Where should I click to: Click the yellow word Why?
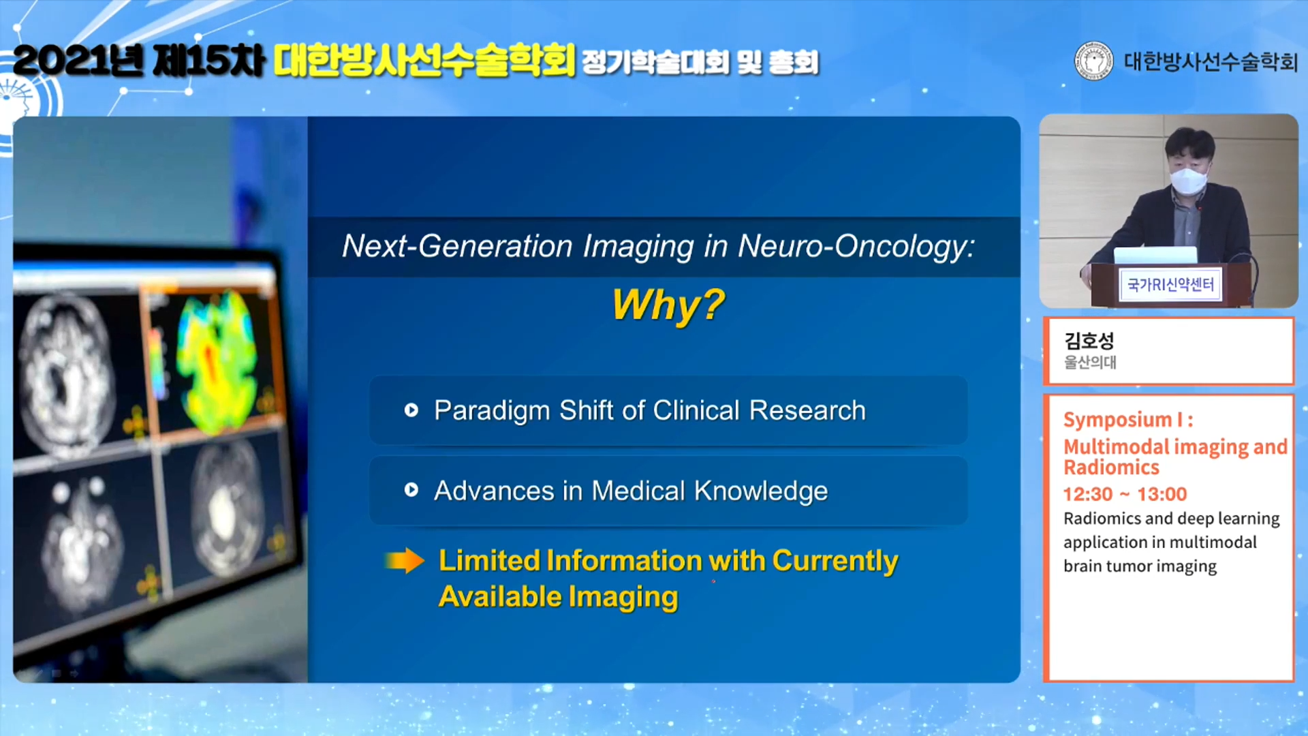pyautogui.click(x=668, y=305)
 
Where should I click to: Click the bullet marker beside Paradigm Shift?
pyautogui.click(x=411, y=410)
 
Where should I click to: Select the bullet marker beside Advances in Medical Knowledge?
pyautogui.click(x=411, y=490)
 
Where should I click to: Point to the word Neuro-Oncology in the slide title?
pyautogui.click(x=856, y=247)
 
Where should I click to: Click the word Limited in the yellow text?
pyautogui.click(x=488, y=560)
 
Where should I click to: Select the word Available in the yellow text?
pyautogui.click(x=499, y=596)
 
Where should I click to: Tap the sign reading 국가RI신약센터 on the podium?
pyautogui.click(x=1170, y=285)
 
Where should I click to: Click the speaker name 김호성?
pyautogui.click(x=1089, y=340)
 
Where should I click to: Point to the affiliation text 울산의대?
pyautogui.click(x=1090, y=363)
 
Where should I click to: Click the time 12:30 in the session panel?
pyautogui.click(x=1088, y=494)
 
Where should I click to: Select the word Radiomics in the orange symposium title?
pyautogui.click(x=1111, y=467)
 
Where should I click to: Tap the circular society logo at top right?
pyautogui.click(x=1093, y=61)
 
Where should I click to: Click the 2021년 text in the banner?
pyautogui.click(x=78, y=61)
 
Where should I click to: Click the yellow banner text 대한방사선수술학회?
pyautogui.click(x=424, y=60)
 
